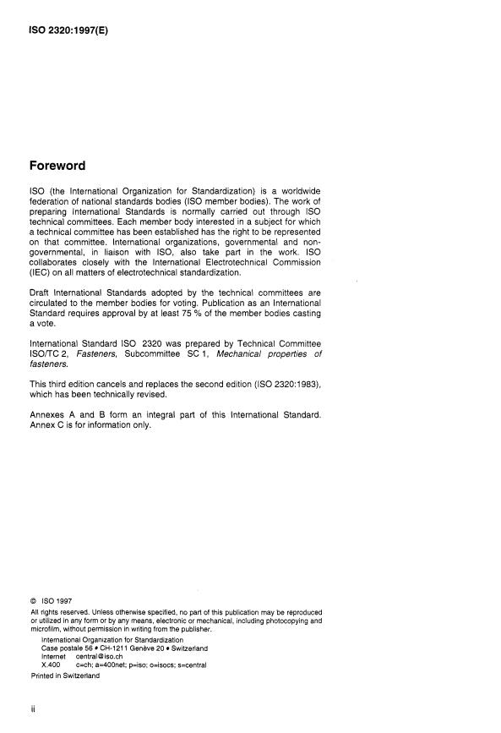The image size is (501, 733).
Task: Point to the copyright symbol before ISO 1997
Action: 35,602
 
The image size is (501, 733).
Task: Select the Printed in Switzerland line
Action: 65,676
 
